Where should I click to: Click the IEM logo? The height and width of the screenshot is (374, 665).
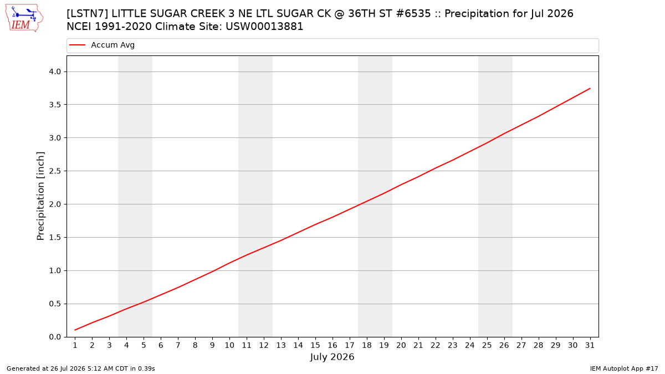click(24, 18)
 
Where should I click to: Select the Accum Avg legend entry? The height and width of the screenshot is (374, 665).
click(102, 45)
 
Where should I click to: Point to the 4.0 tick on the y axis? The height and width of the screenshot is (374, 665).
click(55, 71)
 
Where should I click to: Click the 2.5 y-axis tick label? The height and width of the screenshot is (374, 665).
click(55, 171)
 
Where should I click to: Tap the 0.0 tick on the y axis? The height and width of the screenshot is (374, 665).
click(55, 337)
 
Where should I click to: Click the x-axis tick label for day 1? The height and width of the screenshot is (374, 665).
click(75, 345)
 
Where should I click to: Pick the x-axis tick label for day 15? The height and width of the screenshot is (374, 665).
click(315, 345)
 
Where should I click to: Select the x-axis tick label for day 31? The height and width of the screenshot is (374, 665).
click(590, 345)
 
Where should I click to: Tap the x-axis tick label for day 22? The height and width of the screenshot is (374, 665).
click(436, 345)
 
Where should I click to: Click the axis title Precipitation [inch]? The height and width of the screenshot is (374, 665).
click(40, 196)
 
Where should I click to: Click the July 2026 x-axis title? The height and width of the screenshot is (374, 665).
click(332, 357)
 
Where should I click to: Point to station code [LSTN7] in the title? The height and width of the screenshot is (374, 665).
click(88, 14)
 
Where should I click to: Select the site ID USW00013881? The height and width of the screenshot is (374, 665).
click(264, 27)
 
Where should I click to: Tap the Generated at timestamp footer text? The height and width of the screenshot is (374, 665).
click(81, 368)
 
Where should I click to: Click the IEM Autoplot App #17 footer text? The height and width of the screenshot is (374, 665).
click(624, 368)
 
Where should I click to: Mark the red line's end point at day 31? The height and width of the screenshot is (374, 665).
click(590, 89)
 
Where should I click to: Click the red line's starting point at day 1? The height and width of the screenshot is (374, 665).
click(75, 330)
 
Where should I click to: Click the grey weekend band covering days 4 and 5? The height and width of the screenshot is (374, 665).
click(135, 196)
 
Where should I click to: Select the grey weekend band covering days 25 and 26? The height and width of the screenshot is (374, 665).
click(495, 196)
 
